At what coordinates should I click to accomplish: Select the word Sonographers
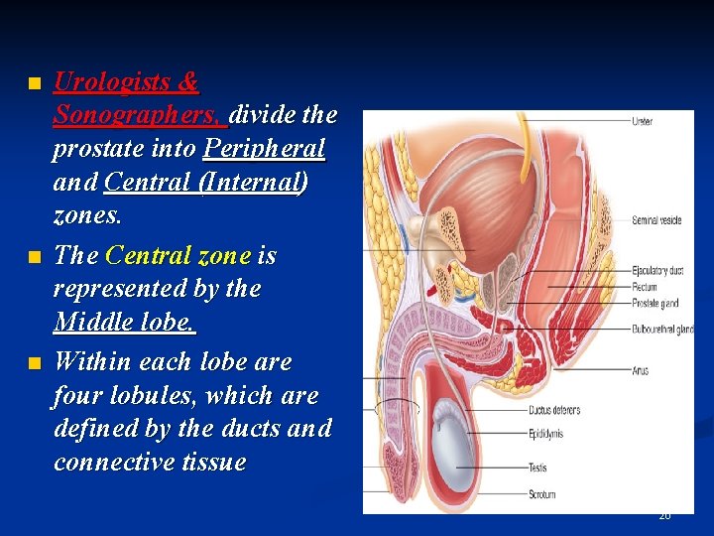coord(140,114)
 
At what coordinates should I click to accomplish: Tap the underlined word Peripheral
coord(264,149)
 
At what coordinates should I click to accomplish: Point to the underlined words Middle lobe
coord(125,323)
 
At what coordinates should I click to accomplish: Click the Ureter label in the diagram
coord(642,121)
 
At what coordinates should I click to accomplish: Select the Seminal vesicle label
coord(656,220)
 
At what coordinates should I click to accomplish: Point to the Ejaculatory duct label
coord(657,271)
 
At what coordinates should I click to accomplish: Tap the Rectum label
coord(645,288)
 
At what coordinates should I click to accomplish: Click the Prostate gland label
coord(654,304)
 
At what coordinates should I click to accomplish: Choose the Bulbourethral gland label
coord(661,329)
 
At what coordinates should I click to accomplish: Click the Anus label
coord(640,371)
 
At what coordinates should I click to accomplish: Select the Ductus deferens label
coord(554,410)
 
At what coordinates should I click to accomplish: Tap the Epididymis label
coord(546,433)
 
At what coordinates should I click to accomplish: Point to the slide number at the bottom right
coord(664,516)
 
